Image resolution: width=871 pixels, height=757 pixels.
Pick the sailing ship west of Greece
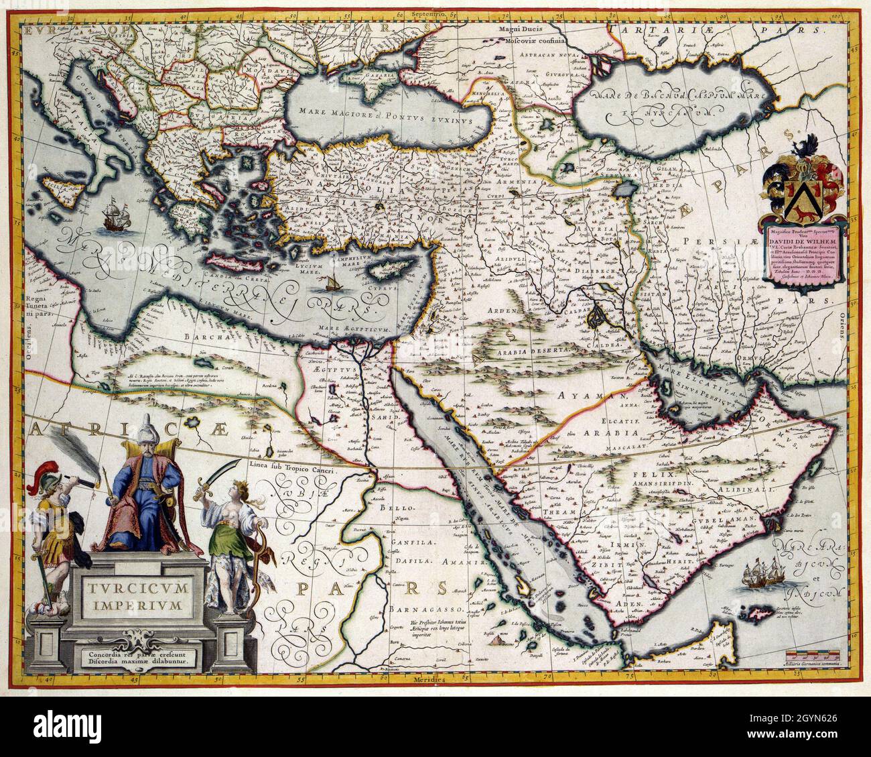click(x=111, y=217)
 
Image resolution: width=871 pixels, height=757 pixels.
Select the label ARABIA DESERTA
click(x=533, y=350)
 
